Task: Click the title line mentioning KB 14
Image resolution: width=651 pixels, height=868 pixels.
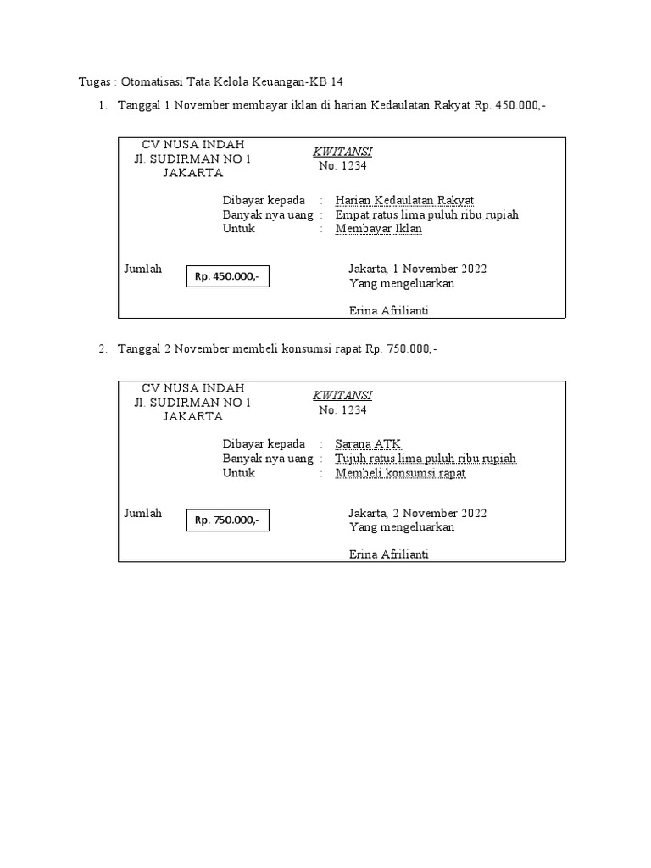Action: [212, 81]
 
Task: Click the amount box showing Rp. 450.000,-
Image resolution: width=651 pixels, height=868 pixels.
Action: [227, 275]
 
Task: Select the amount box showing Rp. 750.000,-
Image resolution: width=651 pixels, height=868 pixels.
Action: [227, 520]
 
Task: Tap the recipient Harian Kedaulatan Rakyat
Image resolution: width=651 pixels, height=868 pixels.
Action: [404, 200]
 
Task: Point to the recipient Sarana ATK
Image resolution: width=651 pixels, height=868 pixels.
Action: [368, 444]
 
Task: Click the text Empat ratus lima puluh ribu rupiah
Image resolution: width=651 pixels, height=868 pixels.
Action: [427, 214]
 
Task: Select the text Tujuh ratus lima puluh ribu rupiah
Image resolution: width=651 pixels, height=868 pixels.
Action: [426, 459]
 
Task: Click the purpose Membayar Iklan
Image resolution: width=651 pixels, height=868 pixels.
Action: [378, 229]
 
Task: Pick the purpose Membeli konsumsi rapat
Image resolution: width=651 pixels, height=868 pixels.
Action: [400, 473]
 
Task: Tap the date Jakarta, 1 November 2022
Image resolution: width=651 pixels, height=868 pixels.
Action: [418, 269]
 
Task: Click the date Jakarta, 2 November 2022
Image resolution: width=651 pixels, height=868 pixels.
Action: [418, 513]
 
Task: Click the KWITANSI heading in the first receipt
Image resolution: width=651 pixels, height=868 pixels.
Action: [342, 152]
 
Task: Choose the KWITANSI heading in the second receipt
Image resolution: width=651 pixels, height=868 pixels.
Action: [342, 396]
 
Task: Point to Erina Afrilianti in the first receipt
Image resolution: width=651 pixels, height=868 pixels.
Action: [389, 311]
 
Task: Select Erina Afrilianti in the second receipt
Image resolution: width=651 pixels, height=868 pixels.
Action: [389, 555]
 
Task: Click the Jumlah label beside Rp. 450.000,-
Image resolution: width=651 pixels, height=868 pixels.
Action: [143, 269]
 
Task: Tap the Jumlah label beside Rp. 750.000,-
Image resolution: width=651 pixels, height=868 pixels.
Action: [143, 513]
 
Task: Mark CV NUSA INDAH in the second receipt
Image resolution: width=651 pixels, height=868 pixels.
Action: [193, 387]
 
